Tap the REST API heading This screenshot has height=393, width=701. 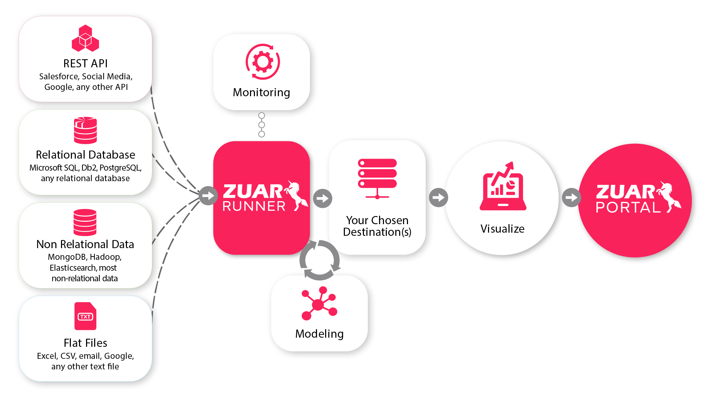tap(85, 63)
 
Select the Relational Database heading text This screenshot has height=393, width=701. tap(85, 155)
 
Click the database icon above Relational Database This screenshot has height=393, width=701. tap(85, 130)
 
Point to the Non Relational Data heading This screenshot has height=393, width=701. tap(85, 244)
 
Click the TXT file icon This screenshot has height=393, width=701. tap(85, 316)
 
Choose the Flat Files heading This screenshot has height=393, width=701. tap(85, 343)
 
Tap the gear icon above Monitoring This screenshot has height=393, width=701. tap(263, 62)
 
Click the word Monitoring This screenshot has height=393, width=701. tap(261, 92)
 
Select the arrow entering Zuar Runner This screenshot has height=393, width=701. tap(208, 196)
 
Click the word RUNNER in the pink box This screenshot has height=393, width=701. tap(254, 206)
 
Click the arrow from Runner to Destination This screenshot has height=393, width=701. tap(322, 198)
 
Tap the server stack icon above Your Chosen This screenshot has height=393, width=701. tap(377, 178)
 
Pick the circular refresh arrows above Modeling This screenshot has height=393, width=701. tap(319, 260)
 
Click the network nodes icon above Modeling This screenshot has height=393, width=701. tap(319, 304)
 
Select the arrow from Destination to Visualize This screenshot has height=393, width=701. tap(438, 197)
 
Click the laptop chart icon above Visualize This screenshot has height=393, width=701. tap(503, 187)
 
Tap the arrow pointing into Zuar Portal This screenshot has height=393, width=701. tap(571, 197)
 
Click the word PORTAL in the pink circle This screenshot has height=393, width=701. tap(628, 207)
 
